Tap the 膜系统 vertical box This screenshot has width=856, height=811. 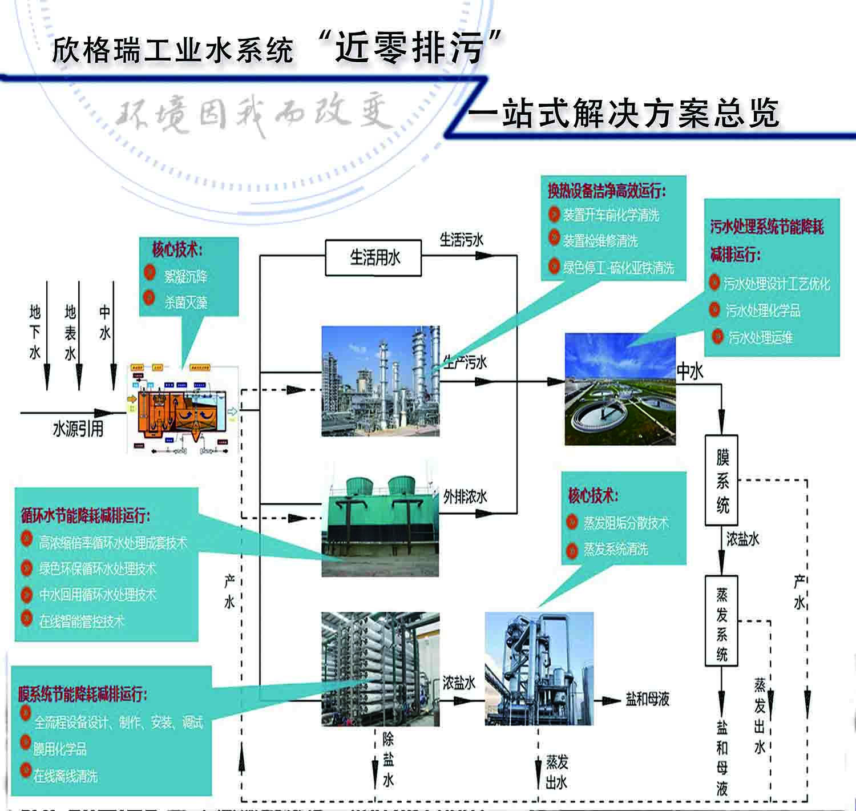[x=722, y=481]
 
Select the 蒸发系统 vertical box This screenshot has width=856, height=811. [x=722, y=621]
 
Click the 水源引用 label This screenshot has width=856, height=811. [x=78, y=429]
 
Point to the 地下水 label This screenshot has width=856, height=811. [x=35, y=332]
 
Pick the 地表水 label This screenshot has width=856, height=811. [x=70, y=332]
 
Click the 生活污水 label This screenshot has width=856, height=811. [x=461, y=240]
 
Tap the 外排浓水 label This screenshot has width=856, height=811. [x=465, y=497]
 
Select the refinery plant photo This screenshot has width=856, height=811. [x=380, y=381]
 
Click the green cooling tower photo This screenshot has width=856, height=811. [x=380, y=526]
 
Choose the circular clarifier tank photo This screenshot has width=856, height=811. [x=620, y=389]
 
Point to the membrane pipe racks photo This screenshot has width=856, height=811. [x=380, y=668]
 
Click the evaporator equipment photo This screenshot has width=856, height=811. [x=539, y=668]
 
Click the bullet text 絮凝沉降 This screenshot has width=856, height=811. [x=185, y=277]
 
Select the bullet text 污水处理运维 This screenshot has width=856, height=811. [x=761, y=337]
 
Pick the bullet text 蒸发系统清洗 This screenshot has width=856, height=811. [x=615, y=550]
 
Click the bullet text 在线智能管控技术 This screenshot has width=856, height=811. [x=81, y=621]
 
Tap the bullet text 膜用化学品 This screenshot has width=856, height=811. [x=60, y=749]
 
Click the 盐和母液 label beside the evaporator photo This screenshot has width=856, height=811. [x=647, y=699]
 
